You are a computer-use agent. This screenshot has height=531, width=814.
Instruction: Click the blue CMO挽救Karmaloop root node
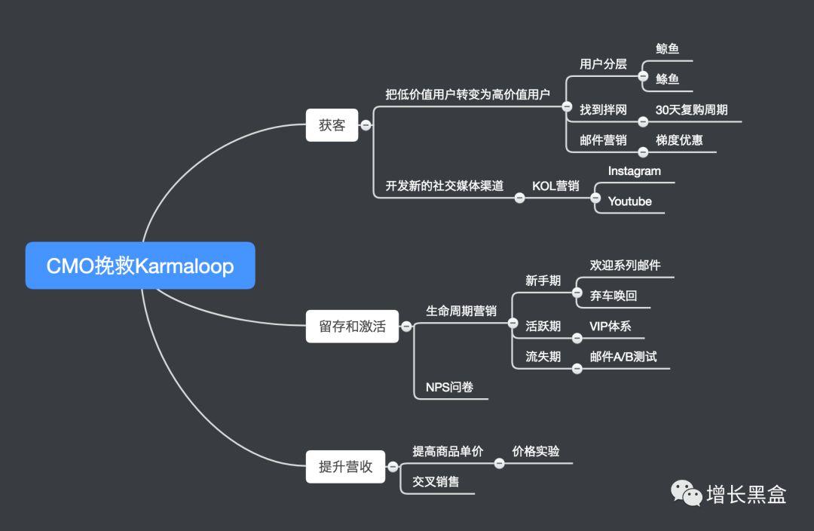coord(140,265)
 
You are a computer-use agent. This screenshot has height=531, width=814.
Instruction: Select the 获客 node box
coord(332,125)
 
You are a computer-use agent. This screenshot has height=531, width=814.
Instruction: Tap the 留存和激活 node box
coord(352,327)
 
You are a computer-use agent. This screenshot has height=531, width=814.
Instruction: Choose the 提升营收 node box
coord(345,467)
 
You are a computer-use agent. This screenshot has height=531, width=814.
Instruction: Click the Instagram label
coord(634,171)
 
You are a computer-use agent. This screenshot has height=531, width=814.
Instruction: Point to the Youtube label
coord(629,201)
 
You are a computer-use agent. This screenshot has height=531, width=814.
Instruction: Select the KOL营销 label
coord(555,186)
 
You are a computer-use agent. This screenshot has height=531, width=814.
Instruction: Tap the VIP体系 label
coord(610,327)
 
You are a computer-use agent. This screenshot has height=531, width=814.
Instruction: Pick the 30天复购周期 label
coord(691,109)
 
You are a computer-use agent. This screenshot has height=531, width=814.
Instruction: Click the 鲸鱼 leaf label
coord(667,49)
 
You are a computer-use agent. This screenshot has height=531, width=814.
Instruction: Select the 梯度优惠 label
coord(679,140)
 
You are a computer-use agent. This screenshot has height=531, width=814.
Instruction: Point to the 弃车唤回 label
coord(614,296)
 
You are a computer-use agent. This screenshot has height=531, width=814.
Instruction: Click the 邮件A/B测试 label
coord(623,357)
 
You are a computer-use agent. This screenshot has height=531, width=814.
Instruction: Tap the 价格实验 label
coord(536,451)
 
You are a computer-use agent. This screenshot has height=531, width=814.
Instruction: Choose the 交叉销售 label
coord(436,481)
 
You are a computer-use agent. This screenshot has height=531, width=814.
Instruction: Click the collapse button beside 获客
coord(366,125)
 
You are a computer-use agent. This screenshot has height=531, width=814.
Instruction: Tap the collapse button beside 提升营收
coord(391,467)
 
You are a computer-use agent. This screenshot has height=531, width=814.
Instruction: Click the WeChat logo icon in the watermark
coord(686,494)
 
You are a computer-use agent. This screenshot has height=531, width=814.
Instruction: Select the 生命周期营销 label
coord(461,311)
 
